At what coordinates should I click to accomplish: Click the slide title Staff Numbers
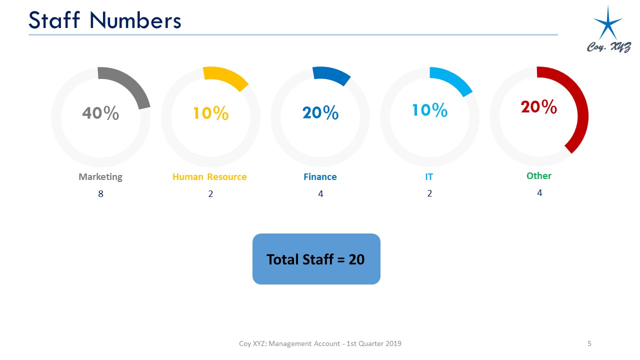point(105,20)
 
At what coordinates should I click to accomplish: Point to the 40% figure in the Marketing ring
point(100,113)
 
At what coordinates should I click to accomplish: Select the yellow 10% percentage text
point(211,113)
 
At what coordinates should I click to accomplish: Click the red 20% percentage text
point(539,107)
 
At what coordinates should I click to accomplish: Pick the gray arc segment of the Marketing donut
point(131,82)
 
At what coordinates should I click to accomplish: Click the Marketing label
point(100,177)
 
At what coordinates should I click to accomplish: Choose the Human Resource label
point(209,177)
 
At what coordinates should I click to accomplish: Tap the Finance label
point(320,177)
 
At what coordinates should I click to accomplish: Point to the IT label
point(429,177)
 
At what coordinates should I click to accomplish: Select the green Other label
point(539,175)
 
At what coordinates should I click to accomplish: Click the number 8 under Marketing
point(100,194)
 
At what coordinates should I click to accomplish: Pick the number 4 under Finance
point(320,194)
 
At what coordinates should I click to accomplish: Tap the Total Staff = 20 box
point(316,259)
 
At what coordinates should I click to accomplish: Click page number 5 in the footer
point(589,343)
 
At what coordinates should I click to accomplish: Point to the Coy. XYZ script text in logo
point(609,47)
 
